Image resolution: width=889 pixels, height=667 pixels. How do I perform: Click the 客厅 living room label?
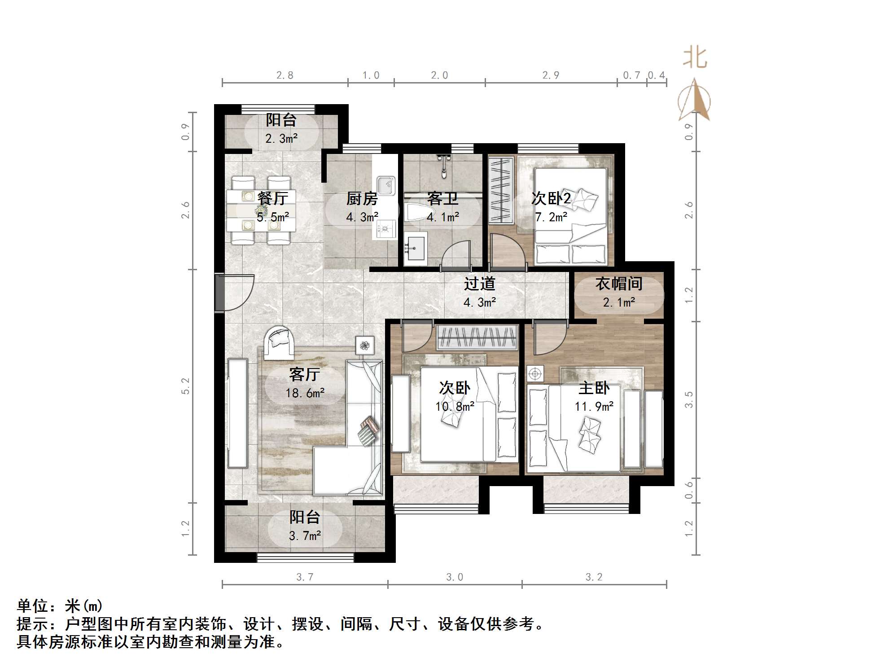coord(304,374)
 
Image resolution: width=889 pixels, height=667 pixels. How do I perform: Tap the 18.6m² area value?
coord(305,393)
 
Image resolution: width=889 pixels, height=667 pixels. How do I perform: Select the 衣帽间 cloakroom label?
coord(619,284)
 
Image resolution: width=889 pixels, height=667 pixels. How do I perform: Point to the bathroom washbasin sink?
coord(415,247)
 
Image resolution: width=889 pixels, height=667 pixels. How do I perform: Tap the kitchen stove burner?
coord(385,230)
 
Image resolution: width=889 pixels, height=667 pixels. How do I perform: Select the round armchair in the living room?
coord(279,342)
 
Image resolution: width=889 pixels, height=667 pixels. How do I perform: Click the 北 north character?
coord(695,58)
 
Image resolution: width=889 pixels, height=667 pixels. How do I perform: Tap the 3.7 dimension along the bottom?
coord(305,577)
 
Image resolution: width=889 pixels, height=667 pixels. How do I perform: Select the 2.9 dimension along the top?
coord(551,75)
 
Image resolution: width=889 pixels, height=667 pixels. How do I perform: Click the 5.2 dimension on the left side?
coord(186,386)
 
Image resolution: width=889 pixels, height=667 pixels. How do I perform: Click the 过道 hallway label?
coord(479,284)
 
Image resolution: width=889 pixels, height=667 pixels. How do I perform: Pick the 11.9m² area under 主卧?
coord(594,407)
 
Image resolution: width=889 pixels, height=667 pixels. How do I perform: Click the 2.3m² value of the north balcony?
coord(281,139)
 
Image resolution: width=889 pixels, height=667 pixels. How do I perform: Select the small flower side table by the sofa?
coord(365,345)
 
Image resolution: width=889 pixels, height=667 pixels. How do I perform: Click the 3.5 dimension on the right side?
coord(689,399)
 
